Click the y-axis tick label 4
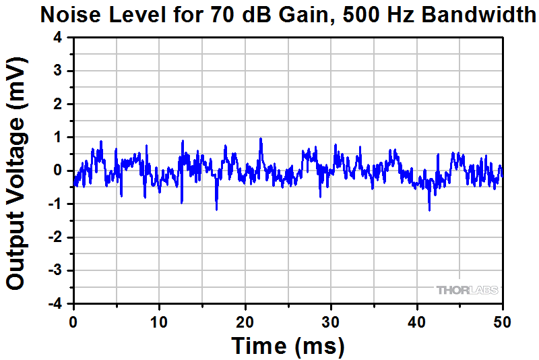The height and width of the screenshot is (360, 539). (58, 38)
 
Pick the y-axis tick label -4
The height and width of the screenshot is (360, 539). (55, 304)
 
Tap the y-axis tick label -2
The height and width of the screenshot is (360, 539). (55, 237)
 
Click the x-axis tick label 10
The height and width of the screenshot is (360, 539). (159, 321)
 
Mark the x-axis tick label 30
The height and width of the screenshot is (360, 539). (331, 321)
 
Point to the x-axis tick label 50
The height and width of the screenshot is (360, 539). (503, 321)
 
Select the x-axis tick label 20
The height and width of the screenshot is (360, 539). (245, 321)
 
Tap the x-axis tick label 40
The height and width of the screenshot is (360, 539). (417, 321)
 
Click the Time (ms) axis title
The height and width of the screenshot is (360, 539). (288, 346)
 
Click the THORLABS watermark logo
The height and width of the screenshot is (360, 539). (468, 291)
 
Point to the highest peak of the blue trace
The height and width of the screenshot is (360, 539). (261, 139)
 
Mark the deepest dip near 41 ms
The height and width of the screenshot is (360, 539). (429, 210)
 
